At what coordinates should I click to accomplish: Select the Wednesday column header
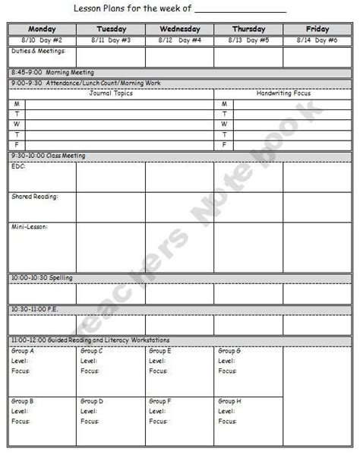point(178,29)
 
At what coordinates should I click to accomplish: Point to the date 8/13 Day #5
point(248,39)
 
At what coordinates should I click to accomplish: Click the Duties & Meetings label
point(39,51)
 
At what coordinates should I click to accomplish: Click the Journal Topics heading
point(112,93)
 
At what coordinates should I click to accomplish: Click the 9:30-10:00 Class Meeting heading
point(48,155)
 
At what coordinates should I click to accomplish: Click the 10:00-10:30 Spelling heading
point(43,277)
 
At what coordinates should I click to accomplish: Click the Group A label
point(23,351)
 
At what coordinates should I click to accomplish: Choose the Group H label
point(230,400)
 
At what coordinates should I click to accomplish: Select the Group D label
point(92,400)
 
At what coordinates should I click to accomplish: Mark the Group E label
point(160,351)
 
